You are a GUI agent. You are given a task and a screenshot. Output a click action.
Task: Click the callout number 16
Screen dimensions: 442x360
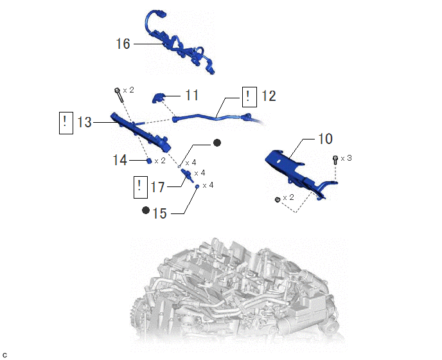tap(123, 44)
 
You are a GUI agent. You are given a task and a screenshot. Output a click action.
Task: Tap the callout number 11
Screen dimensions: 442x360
tap(191, 95)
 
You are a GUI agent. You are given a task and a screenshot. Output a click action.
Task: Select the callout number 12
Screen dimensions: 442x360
tap(269, 96)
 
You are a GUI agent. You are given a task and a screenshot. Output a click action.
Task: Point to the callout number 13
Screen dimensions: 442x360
tap(84, 122)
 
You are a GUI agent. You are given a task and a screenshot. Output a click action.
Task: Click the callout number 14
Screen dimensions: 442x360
tap(119, 160)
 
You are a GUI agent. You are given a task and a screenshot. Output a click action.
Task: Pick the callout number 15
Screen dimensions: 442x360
tap(159, 213)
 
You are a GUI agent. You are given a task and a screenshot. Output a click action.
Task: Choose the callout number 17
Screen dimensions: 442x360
tap(157, 187)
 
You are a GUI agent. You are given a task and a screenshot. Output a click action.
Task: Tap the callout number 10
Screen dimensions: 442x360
tap(325, 139)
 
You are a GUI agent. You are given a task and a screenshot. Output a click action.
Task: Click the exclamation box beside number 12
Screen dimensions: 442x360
tap(249, 97)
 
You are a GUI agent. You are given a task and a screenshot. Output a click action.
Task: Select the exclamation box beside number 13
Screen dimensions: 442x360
tap(66, 123)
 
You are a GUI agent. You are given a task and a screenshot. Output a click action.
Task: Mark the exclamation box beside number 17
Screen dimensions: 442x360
tap(141, 187)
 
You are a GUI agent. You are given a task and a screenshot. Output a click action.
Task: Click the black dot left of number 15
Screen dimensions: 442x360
tap(146, 210)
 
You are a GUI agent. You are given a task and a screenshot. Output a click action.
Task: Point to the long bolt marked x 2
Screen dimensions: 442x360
tap(119, 95)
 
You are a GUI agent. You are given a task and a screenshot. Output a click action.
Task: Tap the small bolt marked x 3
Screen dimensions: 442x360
tap(335, 160)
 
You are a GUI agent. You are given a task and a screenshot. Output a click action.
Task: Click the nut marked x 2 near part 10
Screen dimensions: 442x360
tap(278, 200)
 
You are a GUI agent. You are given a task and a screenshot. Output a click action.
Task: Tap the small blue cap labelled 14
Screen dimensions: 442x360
tap(149, 161)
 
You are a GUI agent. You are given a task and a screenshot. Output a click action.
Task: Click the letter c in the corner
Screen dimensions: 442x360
tap(4, 355)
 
